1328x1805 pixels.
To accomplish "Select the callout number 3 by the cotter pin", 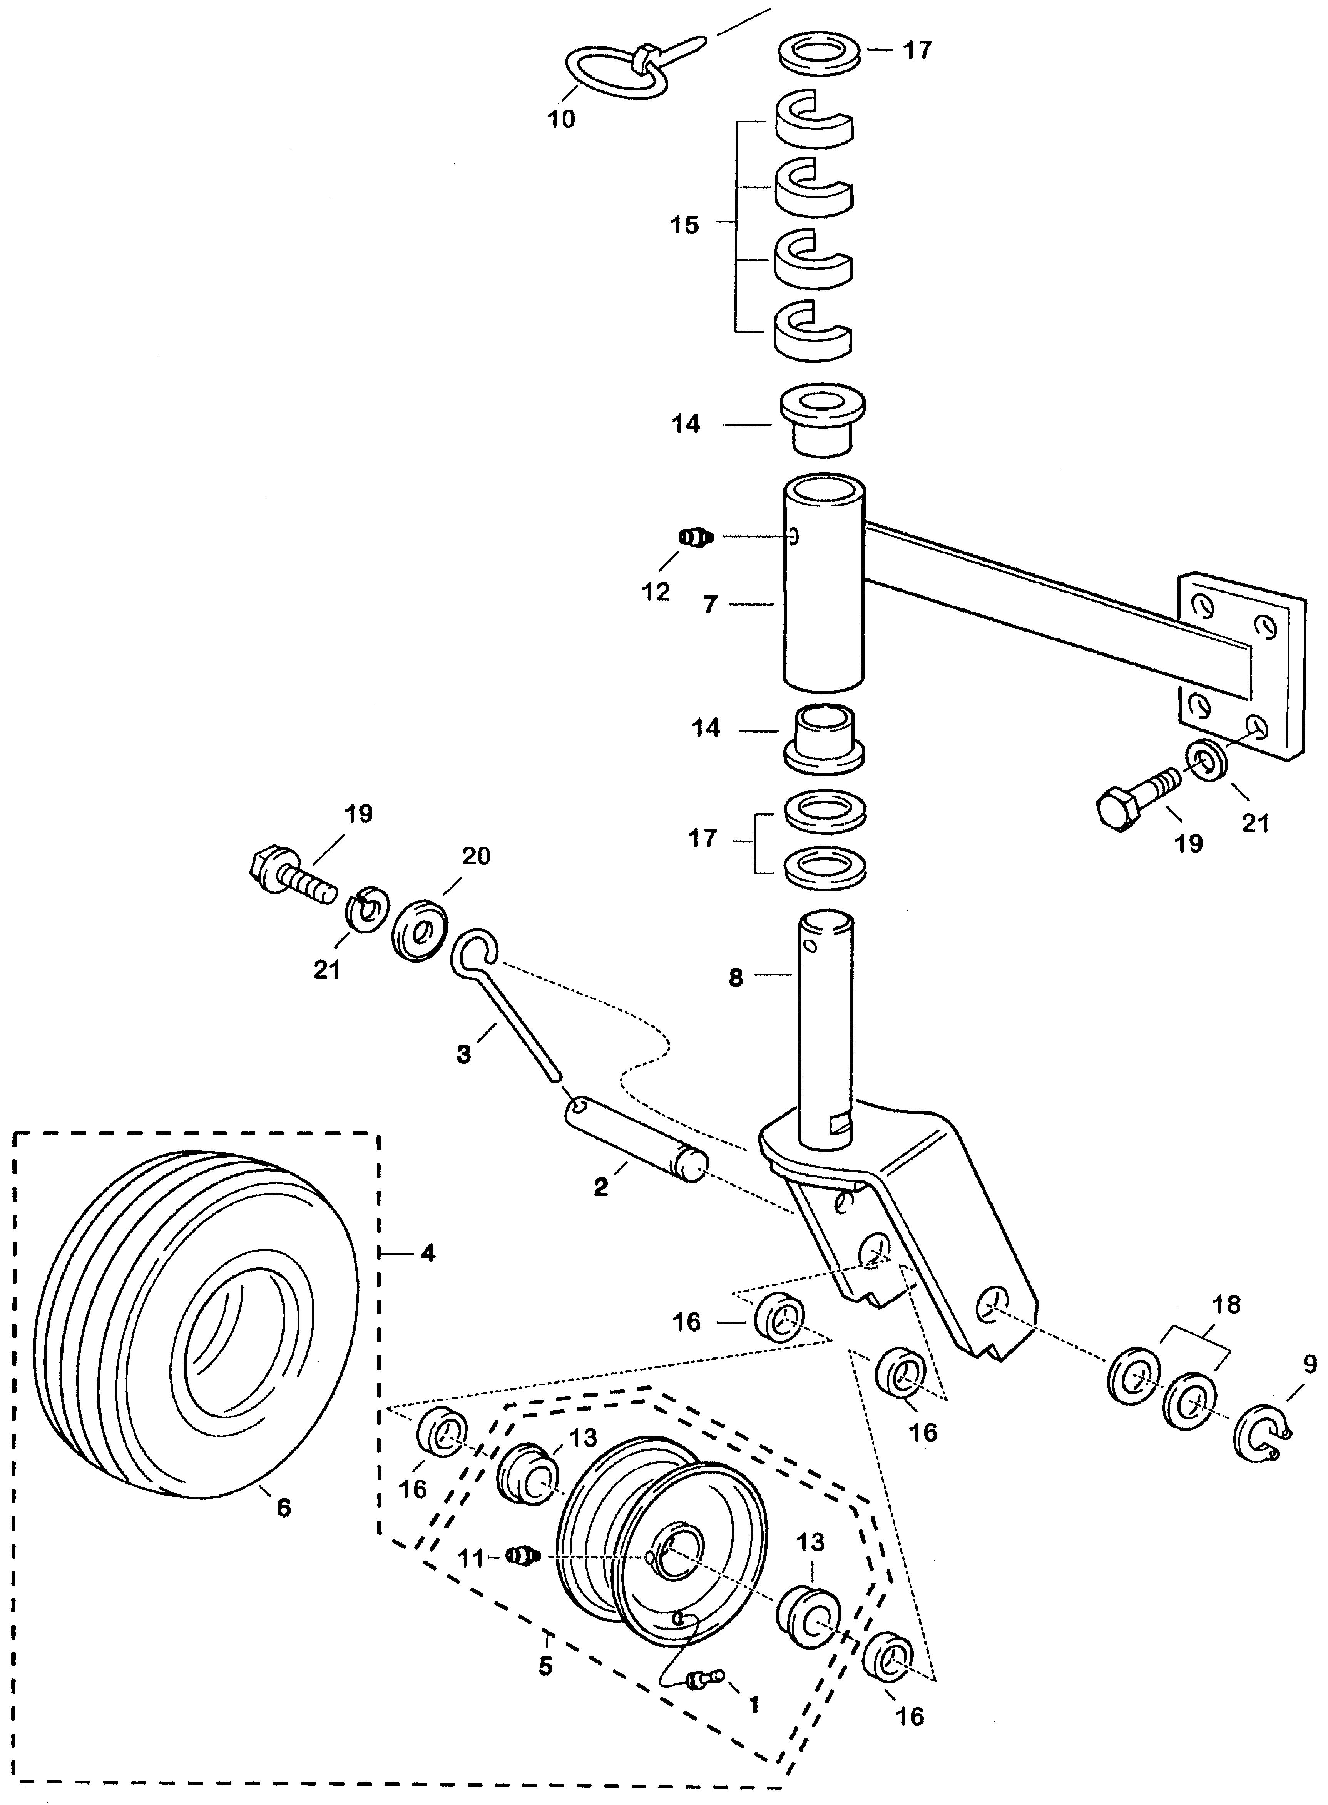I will pos(464,1054).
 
